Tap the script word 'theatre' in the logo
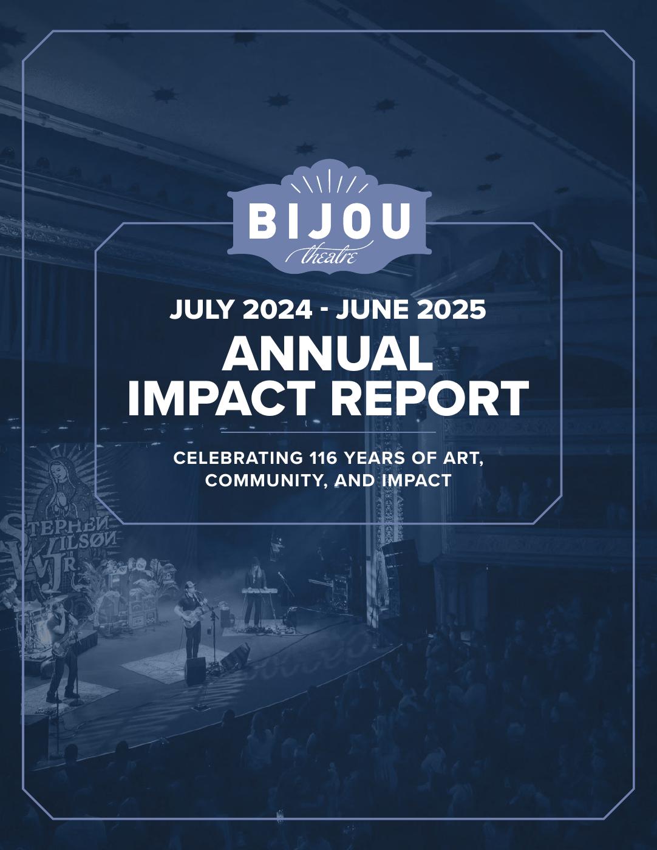click(329, 256)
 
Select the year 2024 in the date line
click(277, 310)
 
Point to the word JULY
click(203, 310)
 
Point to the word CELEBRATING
click(238, 458)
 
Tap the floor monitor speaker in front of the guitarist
click(196, 670)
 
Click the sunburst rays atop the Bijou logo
click(329, 182)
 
